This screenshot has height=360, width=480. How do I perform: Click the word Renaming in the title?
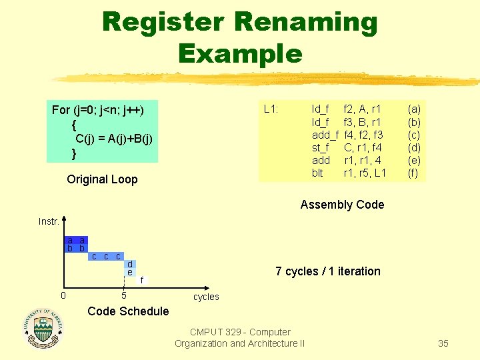(306, 23)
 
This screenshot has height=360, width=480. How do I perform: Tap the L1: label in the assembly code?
(271, 108)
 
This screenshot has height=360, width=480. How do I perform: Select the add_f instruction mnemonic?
(325, 135)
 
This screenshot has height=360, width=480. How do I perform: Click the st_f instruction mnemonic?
(321, 147)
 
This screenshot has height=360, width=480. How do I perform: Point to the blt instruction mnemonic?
(317, 173)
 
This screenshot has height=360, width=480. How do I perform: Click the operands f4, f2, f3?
(363, 135)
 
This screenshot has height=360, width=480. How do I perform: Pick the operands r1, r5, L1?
(365, 173)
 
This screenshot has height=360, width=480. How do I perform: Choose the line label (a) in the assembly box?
(414, 109)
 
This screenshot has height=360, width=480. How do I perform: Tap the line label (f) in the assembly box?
(414, 173)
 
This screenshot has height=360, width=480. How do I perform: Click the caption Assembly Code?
(342, 205)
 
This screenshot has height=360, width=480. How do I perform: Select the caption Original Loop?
(102, 179)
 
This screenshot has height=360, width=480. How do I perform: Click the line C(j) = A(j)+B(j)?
(114, 139)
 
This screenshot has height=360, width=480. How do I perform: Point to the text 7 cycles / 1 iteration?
(328, 271)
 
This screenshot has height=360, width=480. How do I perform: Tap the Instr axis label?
(48, 221)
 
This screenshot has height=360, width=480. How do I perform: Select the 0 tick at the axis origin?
(63, 295)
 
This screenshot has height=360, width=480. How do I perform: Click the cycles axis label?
(206, 297)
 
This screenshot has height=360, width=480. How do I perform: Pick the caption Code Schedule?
(128, 311)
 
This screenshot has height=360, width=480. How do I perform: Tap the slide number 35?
(443, 344)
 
